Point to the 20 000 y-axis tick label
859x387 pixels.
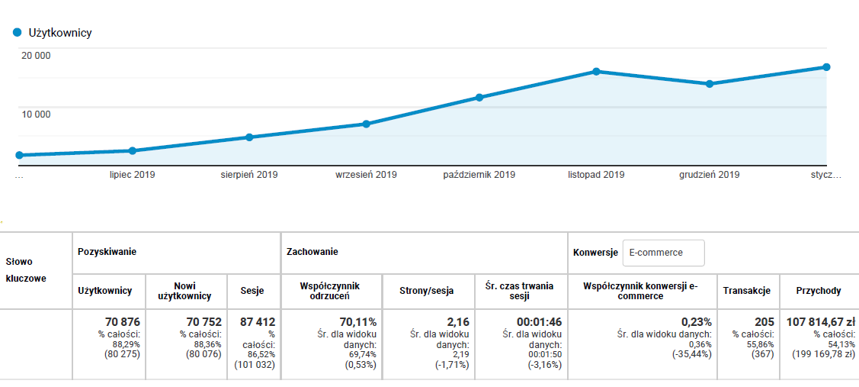[36, 55]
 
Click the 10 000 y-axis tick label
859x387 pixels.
[36, 114]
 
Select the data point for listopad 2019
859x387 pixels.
[596, 72]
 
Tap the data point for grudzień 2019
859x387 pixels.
[710, 84]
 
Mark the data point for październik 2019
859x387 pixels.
[479, 98]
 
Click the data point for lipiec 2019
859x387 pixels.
[133, 150]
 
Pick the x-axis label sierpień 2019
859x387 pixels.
[249, 175]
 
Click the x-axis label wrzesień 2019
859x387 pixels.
[366, 175]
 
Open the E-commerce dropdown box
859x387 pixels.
[663, 253]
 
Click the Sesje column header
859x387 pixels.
[252, 290]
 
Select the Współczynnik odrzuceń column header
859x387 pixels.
[331, 290]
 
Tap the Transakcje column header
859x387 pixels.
[746, 290]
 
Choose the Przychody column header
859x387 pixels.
[818, 290]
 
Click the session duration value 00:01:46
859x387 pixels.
[539, 322]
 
